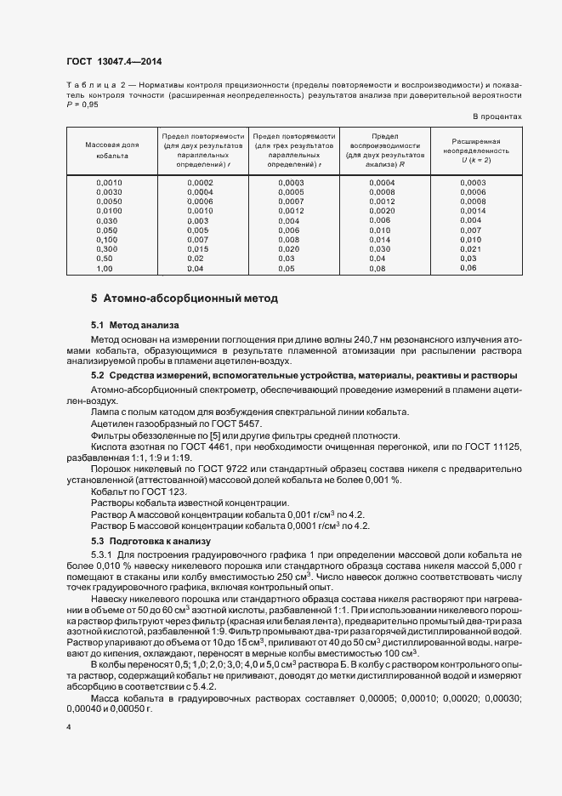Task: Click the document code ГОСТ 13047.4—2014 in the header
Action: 113,63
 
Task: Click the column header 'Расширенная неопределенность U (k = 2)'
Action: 475,151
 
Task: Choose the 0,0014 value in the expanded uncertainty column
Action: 473,211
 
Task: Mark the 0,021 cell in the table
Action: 470,248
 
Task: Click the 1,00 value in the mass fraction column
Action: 105,268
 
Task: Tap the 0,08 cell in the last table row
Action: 378,268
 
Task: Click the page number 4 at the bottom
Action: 69,728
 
